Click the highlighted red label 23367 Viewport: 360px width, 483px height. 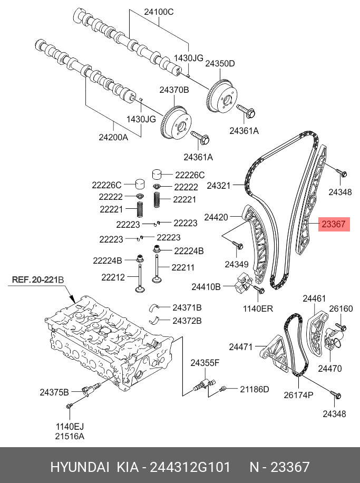[333, 225]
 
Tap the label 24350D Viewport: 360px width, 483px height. [220, 64]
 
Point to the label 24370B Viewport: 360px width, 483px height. [174, 90]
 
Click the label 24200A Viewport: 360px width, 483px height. [113, 138]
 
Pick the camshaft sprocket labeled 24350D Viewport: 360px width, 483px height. [222, 96]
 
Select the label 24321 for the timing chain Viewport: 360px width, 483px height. [219, 186]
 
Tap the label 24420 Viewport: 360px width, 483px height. [216, 217]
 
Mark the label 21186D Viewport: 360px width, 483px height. [255, 389]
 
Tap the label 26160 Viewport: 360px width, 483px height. [340, 308]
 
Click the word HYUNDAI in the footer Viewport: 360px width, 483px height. [80, 467]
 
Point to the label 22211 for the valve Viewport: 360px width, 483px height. [183, 267]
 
